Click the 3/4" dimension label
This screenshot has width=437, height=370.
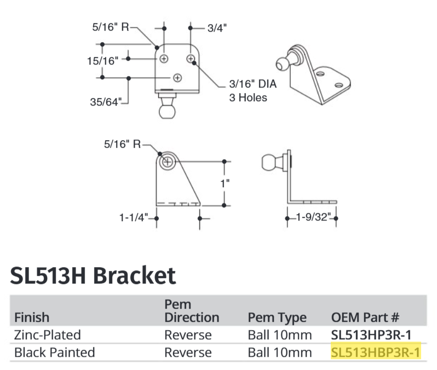tap(216, 27)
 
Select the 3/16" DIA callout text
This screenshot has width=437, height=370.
tap(253, 85)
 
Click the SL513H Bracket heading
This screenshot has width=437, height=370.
tap(93, 275)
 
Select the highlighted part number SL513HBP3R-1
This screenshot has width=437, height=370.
tap(376, 351)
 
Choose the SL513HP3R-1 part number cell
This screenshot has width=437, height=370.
tap(372, 334)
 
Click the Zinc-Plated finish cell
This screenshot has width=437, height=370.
tap(48, 334)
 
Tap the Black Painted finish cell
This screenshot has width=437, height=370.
tap(54, 351)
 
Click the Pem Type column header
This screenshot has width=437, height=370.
tap(277, 317)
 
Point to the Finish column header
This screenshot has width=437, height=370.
tap(32, 317)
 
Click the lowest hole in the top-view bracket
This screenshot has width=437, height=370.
tap(177, 78)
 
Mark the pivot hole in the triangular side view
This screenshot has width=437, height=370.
tap(167, 161)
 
